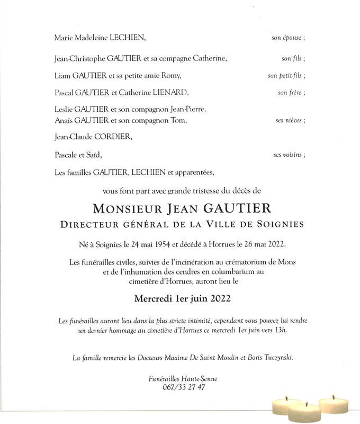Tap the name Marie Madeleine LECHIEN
100,39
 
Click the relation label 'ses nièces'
289,120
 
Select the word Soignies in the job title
281,224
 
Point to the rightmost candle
335,403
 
